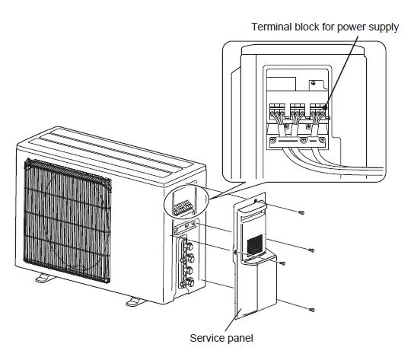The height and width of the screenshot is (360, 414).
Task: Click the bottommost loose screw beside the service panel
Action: pos(311,309)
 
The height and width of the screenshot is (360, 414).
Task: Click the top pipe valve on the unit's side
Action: pos(187,246)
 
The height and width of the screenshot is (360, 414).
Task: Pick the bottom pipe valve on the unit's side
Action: pos(186,285)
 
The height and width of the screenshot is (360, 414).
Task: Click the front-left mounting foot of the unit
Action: pos(43,279)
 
